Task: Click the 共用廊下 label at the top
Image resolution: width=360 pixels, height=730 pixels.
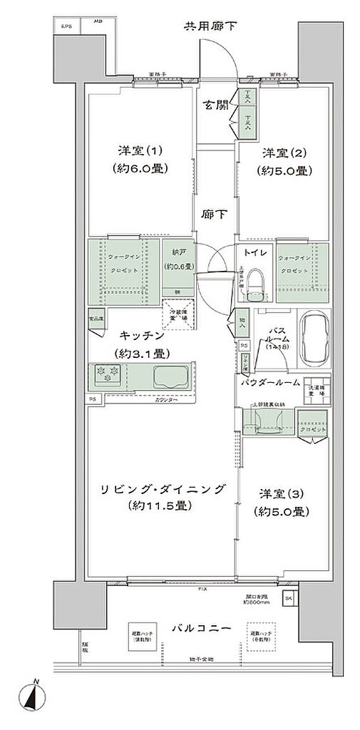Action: pyautogui.click(x=211, y=27)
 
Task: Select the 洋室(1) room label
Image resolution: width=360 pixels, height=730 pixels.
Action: pyautogui.click(x=140, y=151)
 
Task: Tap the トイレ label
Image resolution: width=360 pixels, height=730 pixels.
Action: pyautogui.click(x=254, y=252)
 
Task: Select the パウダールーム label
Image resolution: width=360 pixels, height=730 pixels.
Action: pyautogui.click(x=269, y=383)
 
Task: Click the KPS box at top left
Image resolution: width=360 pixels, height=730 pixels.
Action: pyautogui.click(x=66, y=27)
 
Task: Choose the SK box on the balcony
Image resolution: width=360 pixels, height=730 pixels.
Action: pyautogui.click(x=289, y=597)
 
